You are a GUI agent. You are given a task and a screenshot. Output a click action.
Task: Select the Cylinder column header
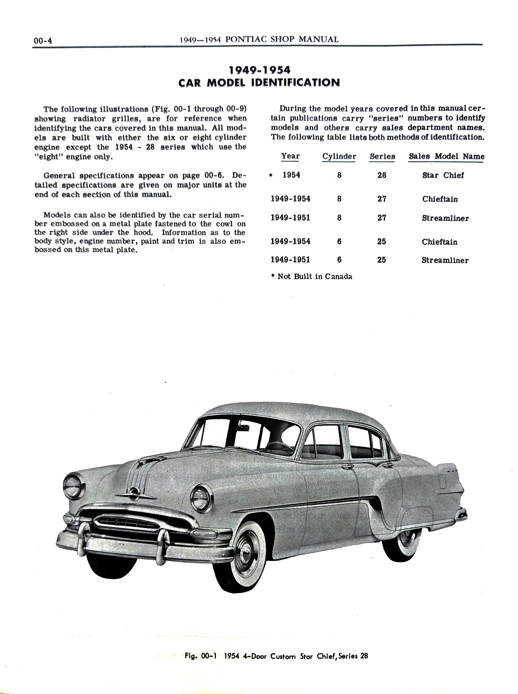pos(339,156)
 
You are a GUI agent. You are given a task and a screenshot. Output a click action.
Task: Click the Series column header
pos(382,156)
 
